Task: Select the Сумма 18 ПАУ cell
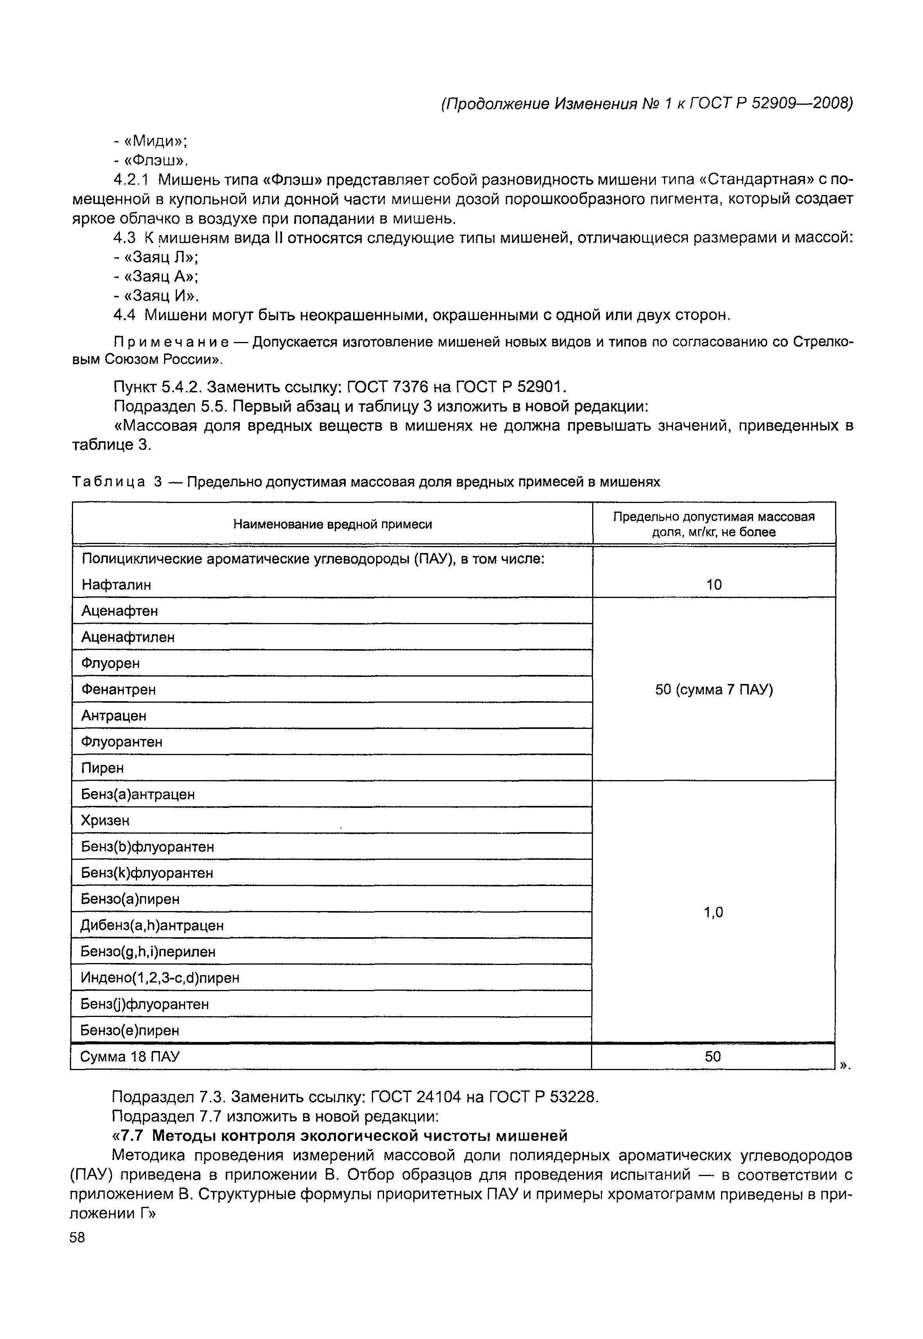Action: coord(130,1056)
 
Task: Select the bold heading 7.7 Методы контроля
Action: coord(342,1135)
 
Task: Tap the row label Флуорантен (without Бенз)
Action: coord(121,741)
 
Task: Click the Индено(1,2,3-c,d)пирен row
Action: coord(160,977)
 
